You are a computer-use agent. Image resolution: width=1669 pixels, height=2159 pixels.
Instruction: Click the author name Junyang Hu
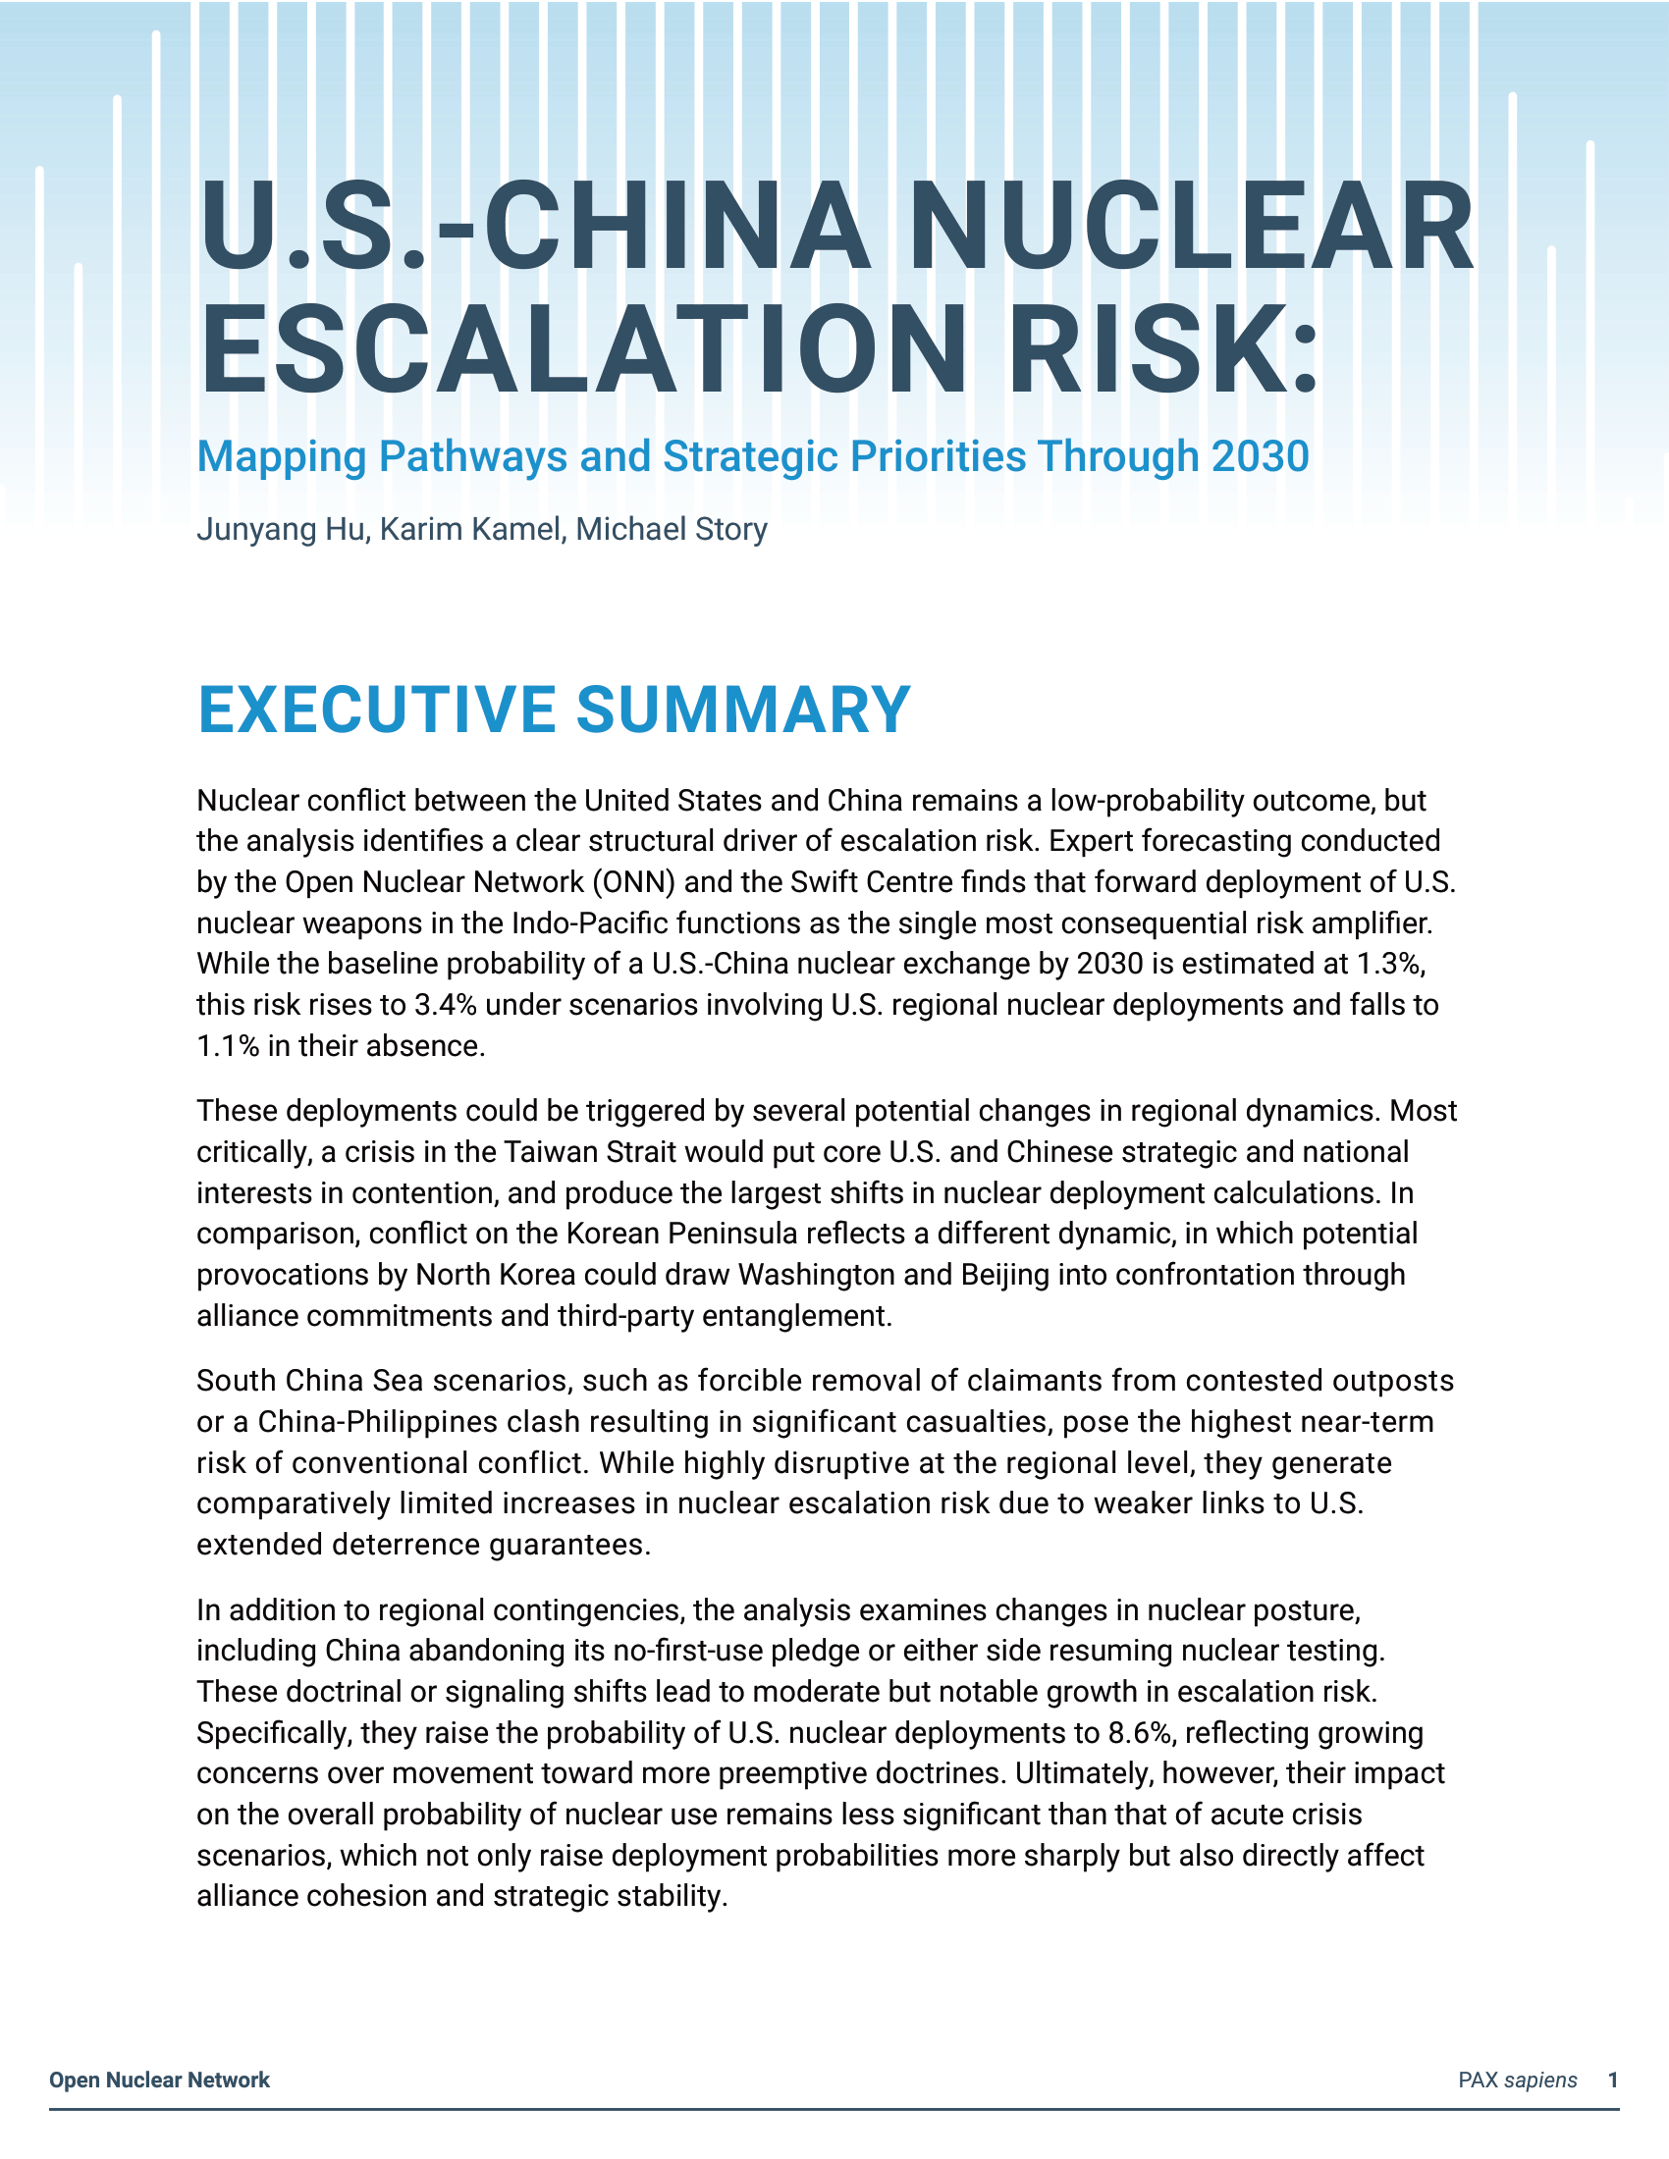point(280,530)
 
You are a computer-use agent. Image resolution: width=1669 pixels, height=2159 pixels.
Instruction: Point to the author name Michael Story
point(672,530)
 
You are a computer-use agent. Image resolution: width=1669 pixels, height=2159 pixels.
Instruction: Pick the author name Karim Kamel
point(469,530)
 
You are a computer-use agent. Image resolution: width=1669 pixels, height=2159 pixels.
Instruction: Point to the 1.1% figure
point(229,1046)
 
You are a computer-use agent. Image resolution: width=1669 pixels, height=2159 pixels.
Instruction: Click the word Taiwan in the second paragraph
point(550,1153)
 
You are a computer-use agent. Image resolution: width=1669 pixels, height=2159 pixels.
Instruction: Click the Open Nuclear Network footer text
point(159,2080)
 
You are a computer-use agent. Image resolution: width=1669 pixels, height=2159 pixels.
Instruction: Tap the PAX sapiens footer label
point(1517,2080)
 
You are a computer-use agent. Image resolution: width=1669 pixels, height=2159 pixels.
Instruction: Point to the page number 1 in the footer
point(1613,2080)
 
